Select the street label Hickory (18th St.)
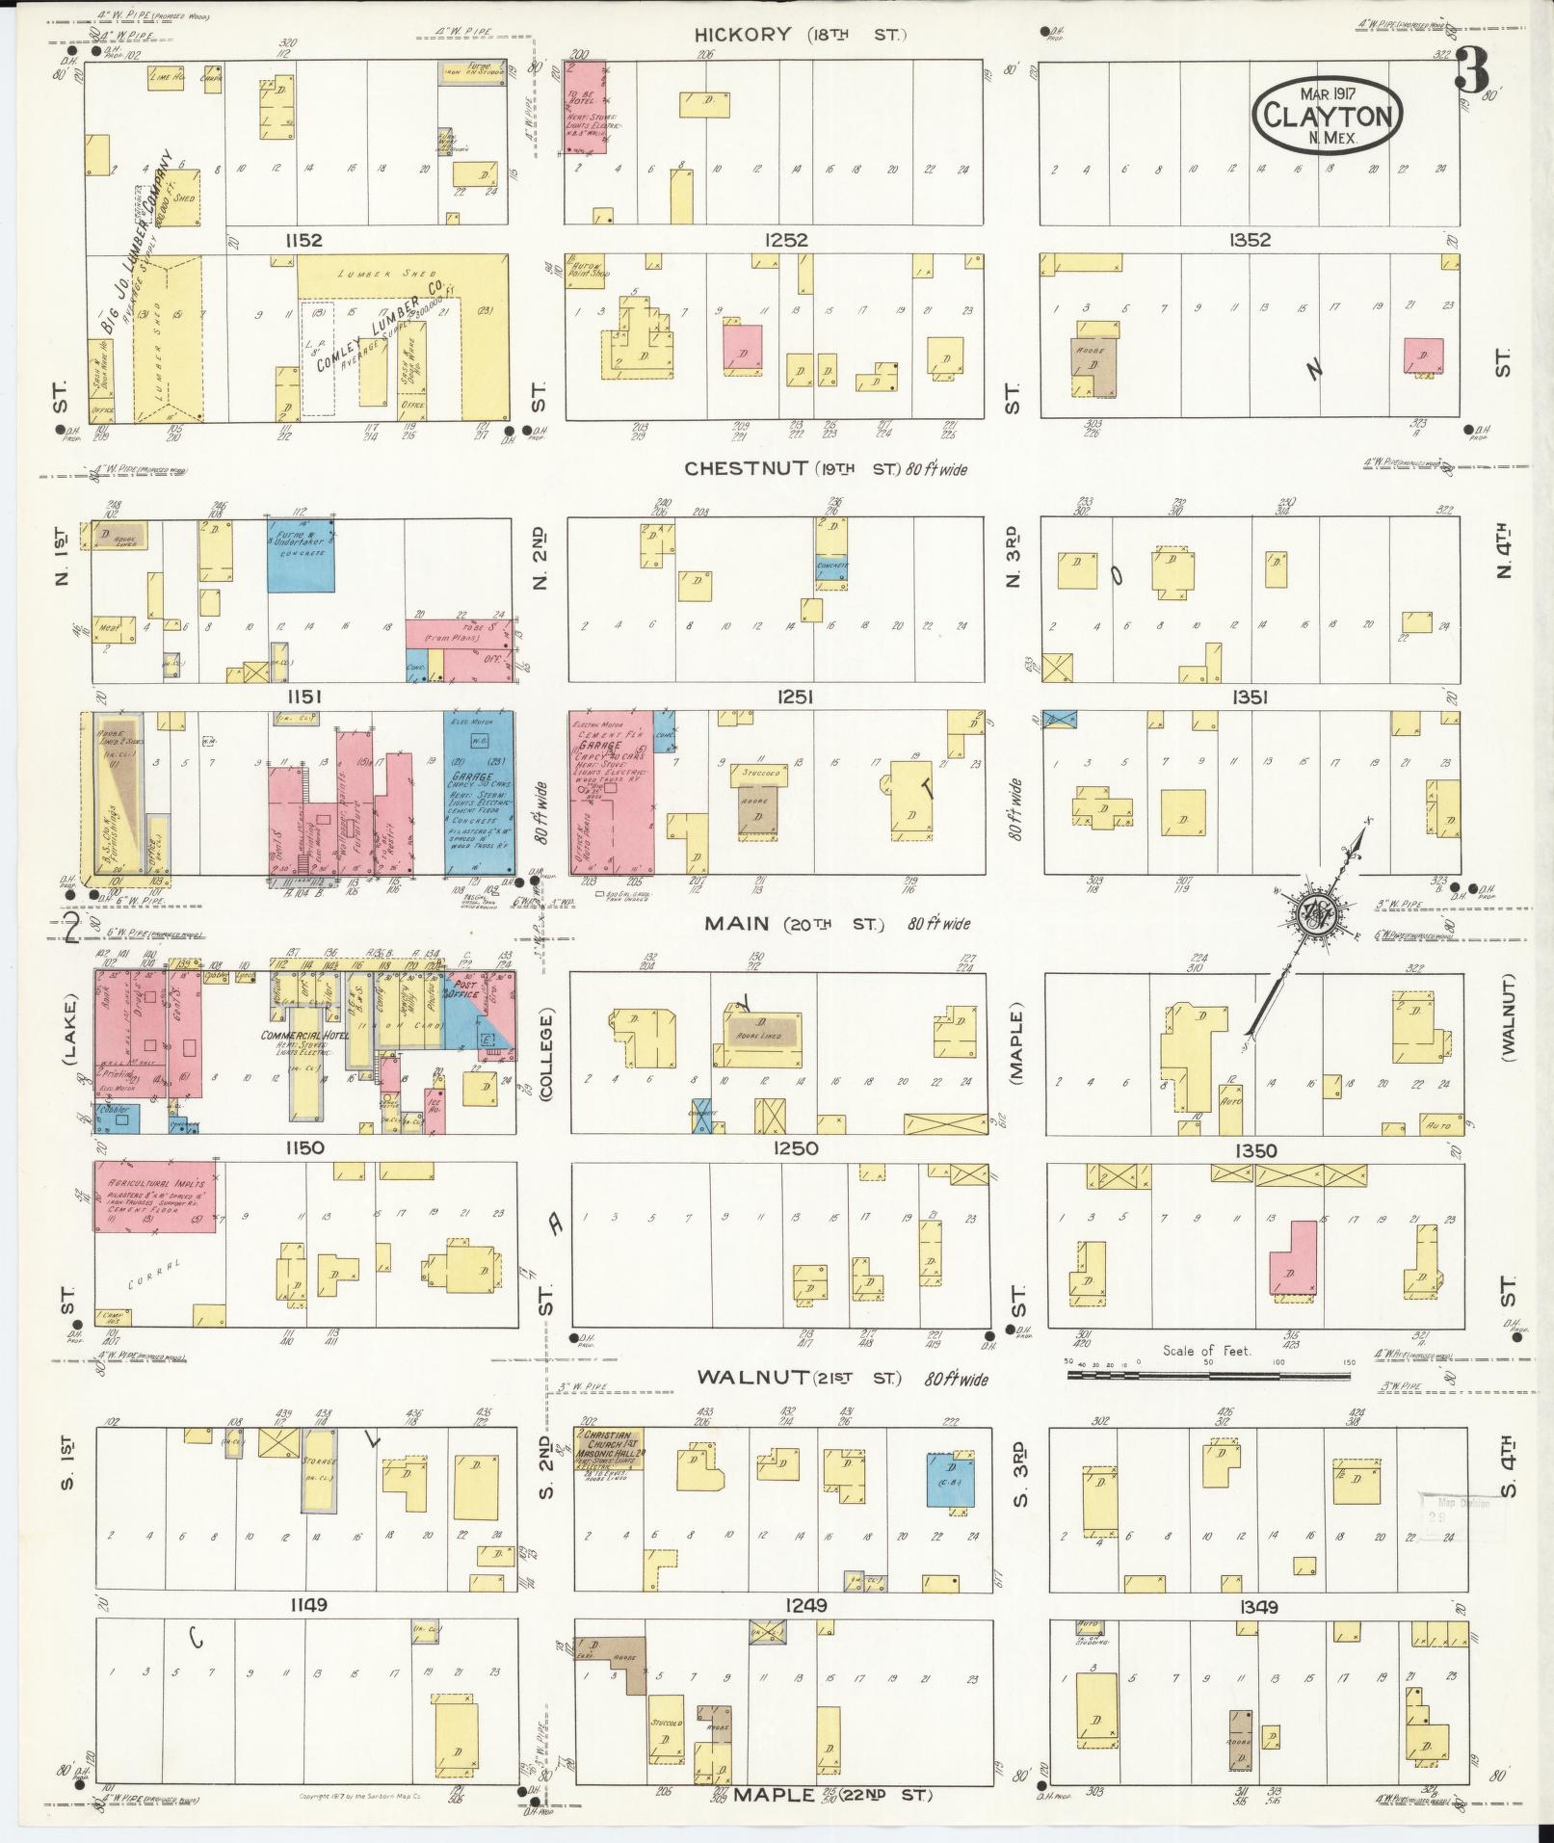click(x=801, y=36)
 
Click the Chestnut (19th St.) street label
click(x=825, y=469)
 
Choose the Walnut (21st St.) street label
click(x=843, y=1379)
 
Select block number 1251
click(x=795, y=697)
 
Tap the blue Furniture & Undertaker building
click(x=301, y=556)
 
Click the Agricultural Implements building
click(x=154, y=1196)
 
